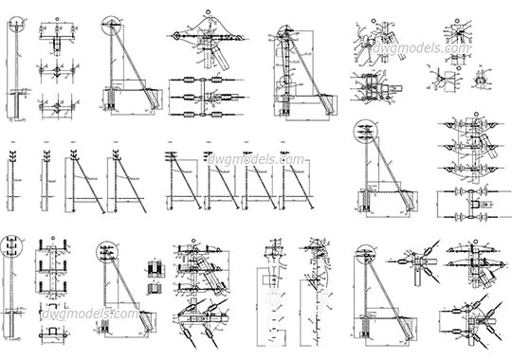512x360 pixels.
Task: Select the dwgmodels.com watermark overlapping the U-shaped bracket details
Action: click(91, 312)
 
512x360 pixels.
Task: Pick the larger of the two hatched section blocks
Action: click(155, 276)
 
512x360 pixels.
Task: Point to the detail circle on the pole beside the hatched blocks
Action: click(106, 252)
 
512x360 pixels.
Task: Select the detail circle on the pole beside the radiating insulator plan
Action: click(363, 254)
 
